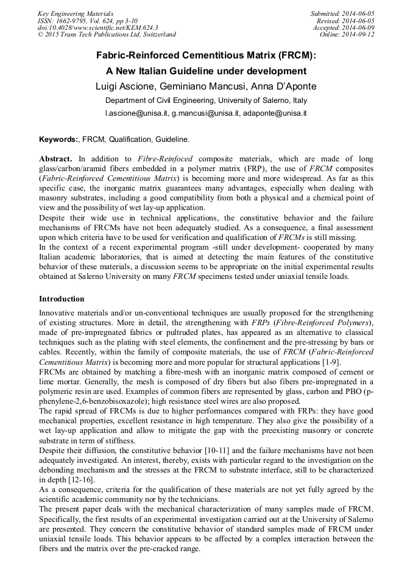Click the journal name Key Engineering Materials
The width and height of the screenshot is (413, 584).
click(76, 13)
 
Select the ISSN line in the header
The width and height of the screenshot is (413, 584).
click(88, 21)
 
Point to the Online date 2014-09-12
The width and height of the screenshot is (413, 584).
click(359, 35)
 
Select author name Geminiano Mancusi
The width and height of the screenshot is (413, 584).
click(202, 86)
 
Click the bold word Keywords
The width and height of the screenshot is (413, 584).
click(58, 139)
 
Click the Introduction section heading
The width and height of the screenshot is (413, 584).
click(62, 299)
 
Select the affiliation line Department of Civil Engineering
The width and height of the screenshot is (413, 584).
click(206, 100)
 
